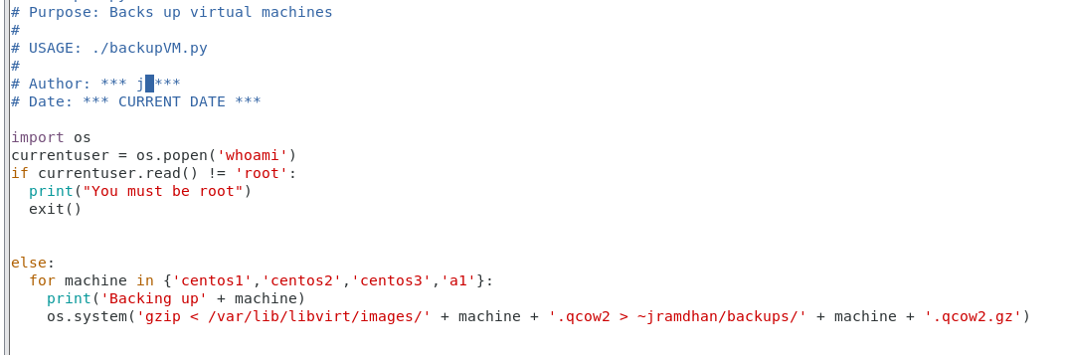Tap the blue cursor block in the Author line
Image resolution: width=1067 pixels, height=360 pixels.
point(149,84)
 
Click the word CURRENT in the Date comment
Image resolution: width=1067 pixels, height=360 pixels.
point(154,101)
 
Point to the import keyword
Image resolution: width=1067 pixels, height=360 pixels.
point(38,137)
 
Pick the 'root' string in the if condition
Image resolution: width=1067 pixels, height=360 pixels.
point(262,173)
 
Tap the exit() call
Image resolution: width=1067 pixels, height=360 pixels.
point(56,209)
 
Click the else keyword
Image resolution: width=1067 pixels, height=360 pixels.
point(29,263)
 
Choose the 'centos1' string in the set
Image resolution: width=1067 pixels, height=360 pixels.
point(212,280)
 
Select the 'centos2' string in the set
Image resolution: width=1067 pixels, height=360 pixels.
point(301,280)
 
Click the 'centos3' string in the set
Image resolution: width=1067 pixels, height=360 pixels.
point(391,280)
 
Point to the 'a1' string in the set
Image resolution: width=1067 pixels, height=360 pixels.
point(458,280)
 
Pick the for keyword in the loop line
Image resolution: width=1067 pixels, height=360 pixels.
point(42,280)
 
